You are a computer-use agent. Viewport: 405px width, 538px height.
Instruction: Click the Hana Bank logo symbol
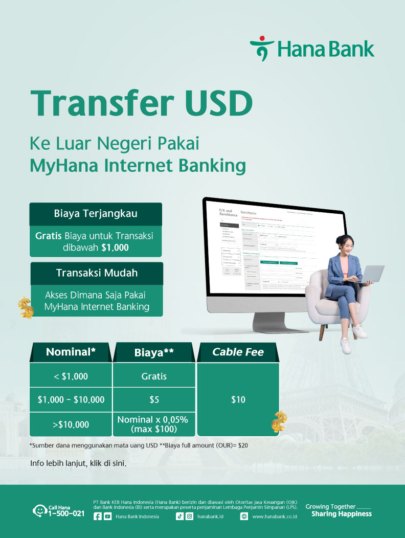click(261, 48)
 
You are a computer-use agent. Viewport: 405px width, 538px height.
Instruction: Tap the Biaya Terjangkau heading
click(96, 214)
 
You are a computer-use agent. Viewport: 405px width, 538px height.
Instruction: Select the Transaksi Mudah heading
click(97, 273)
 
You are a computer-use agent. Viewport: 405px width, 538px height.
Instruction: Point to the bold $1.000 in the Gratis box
click(115, 248)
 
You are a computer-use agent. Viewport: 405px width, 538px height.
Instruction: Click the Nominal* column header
click(71, 352)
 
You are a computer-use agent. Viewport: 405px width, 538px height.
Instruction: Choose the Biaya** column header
click(154, 352)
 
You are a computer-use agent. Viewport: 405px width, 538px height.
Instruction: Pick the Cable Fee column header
click(238, 352)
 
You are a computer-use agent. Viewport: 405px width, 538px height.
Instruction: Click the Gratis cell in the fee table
click(154, 376)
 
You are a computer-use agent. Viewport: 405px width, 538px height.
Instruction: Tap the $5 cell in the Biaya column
click(154, 400)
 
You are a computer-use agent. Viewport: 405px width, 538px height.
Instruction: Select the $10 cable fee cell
click(238, 400)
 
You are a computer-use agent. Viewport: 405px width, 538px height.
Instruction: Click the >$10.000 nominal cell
click(71, 424)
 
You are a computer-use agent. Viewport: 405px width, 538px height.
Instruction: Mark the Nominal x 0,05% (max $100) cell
click(154, 424)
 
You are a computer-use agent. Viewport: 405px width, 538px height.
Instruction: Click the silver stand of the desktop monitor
click(271, 322)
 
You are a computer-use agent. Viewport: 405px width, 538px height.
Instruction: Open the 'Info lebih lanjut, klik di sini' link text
click(78, 464)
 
